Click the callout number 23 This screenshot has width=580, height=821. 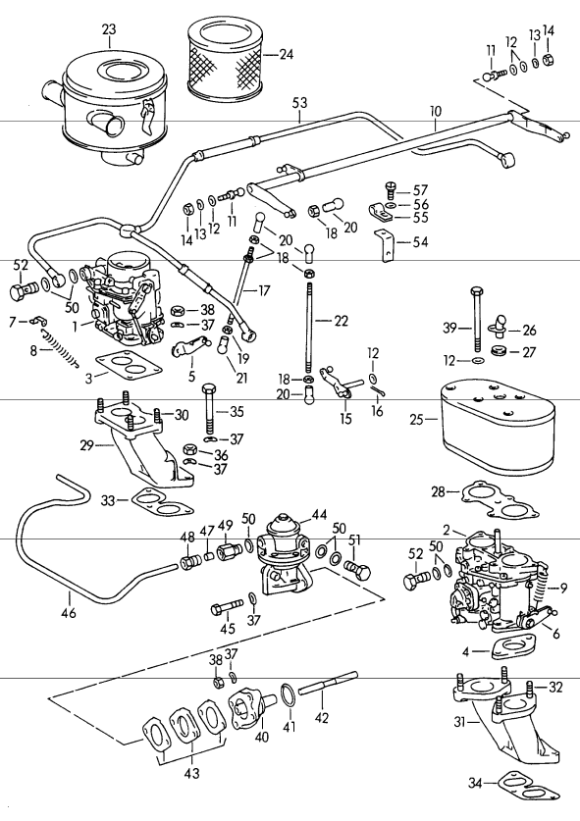tap(108, 29)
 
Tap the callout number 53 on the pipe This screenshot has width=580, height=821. tap(299, 101)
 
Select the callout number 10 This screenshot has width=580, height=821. tap(436, 114)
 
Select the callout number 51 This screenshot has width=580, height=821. tap(354, 539)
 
